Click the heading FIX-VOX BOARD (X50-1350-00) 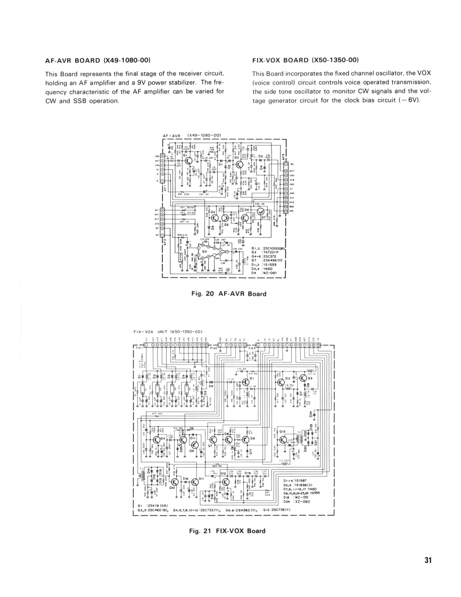[306, 60]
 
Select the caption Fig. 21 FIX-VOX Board [227, 530]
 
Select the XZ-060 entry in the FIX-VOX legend [302, 501]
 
